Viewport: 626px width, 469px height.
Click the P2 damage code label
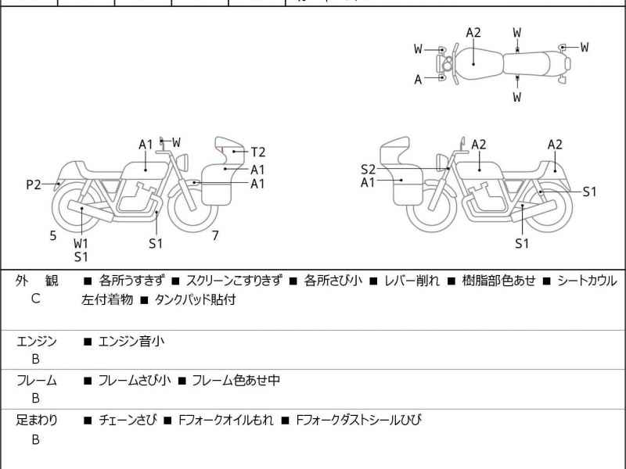click(x=33, y=185)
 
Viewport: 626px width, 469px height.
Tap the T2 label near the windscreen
click(x=258, y=152)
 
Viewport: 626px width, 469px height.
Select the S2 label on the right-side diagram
click(x=368, y=169)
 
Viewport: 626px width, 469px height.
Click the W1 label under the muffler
click(x=81, y=243)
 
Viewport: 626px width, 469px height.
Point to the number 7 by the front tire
click(x=215, y=235)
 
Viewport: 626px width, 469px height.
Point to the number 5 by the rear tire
click(x=53, y=235)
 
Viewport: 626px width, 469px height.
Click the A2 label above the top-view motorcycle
click(x=473, y=33)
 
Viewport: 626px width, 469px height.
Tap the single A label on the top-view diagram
click(x=418, y=79)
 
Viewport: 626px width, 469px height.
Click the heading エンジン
click(x=36, y=341)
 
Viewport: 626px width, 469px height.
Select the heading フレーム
click(x=36, y=381)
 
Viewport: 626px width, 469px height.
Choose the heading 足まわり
click(x=36, y=421)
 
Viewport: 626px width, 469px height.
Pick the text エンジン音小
click(x=131, y=341)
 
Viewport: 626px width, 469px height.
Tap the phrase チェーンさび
click(x=128, y=421)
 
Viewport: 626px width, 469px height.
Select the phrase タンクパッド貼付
click(x=196, y=299)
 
